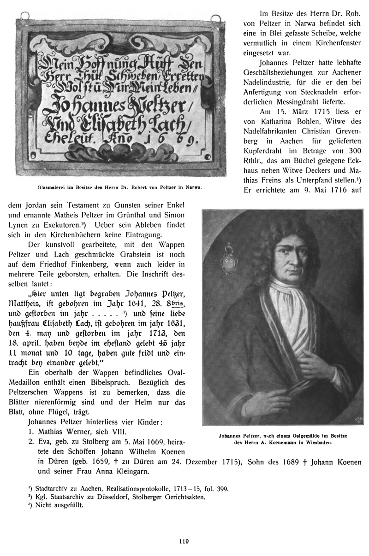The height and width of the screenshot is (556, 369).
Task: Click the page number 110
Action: click(184, 542)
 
